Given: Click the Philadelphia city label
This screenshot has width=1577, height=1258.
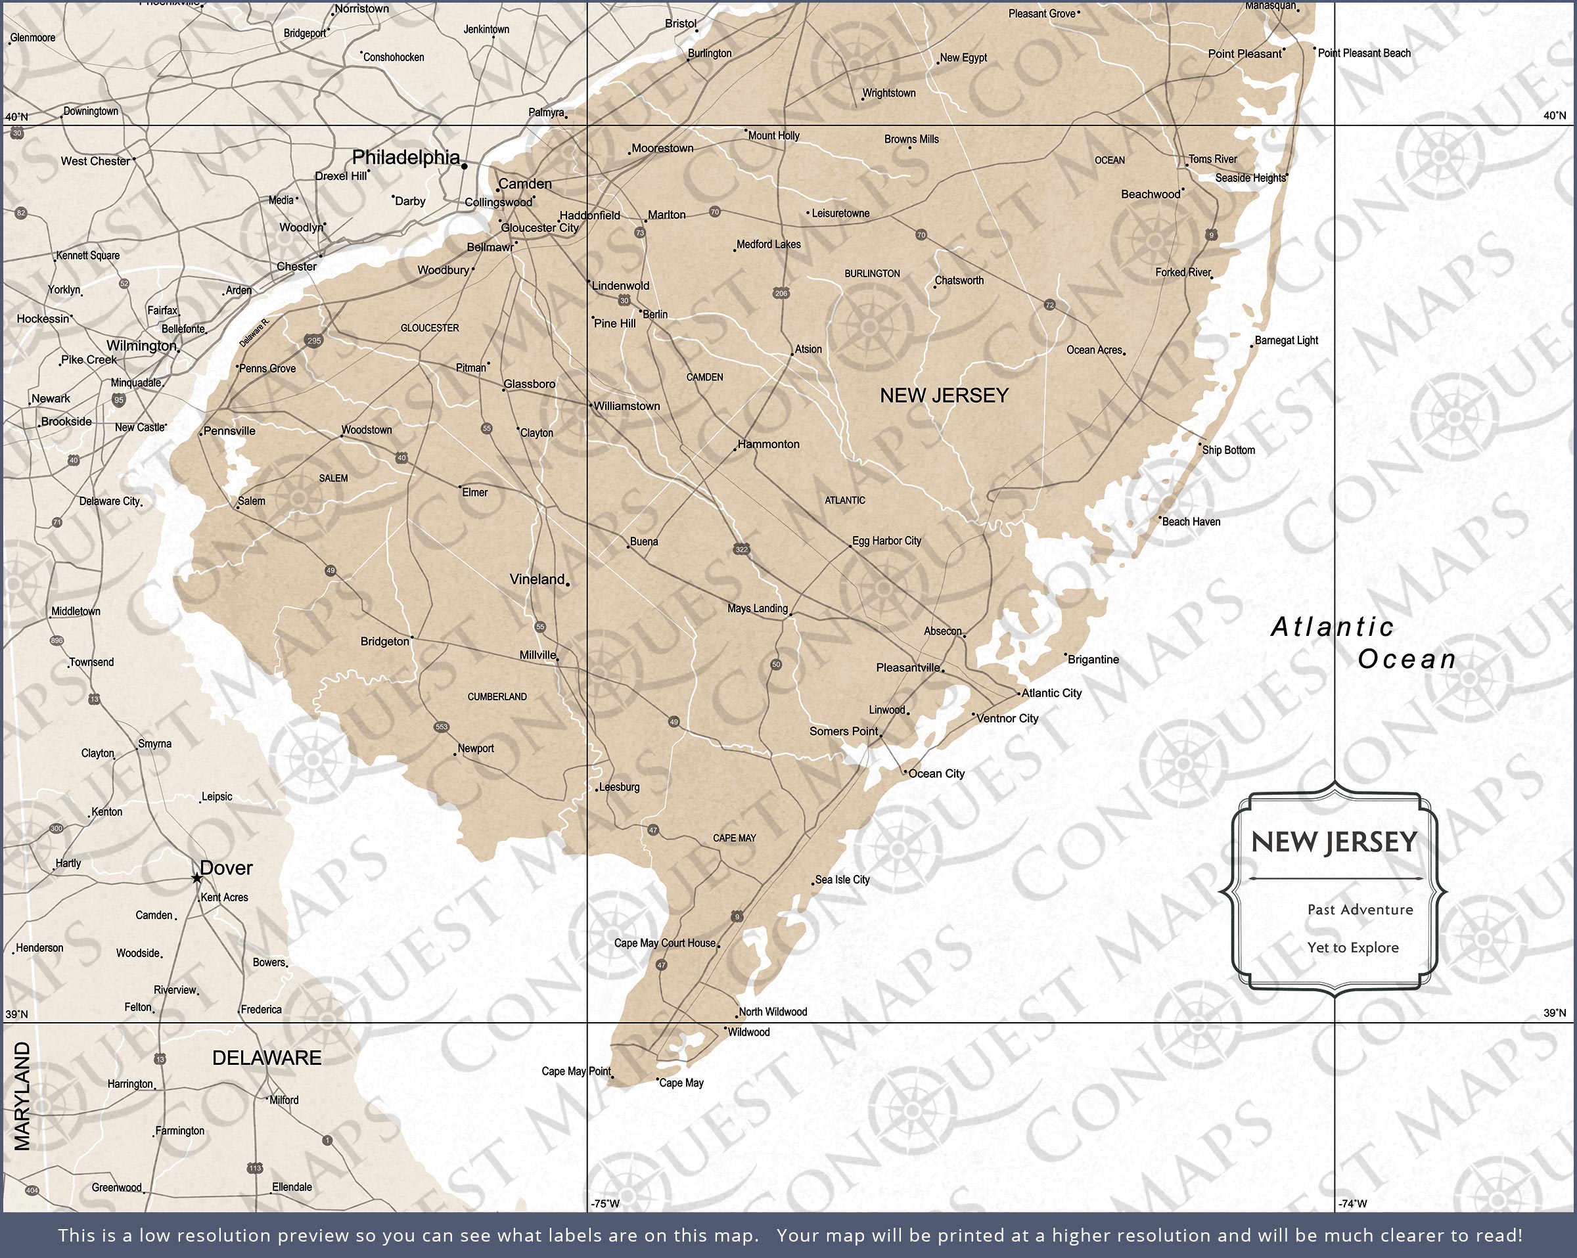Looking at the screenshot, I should [406, 157].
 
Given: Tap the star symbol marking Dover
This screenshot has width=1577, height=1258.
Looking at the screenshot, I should [196, 878].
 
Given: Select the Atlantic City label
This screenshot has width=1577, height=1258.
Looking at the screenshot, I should [1051, 692].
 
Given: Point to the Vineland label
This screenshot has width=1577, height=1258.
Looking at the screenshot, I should [537, 579].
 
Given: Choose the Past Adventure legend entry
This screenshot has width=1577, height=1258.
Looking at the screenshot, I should [1360, 909].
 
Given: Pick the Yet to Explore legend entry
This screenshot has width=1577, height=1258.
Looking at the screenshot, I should [1352, 947].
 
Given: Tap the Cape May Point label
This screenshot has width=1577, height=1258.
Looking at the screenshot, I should [576, 1071].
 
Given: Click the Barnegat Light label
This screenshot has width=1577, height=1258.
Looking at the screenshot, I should [1286, 340].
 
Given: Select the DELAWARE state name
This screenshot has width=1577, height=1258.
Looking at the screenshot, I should [267, 1058].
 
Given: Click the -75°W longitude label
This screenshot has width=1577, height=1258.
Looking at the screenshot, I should [605, 1203].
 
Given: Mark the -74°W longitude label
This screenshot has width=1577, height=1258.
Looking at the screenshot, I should [1352, 1203].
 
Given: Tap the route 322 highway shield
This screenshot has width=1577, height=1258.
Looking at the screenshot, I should [742, 549].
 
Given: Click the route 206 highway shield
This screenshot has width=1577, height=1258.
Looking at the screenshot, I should [781, 293].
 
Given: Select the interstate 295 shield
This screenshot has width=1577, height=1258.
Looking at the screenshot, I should [314, 340].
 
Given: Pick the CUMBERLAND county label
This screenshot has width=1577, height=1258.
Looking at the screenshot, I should [497, 696].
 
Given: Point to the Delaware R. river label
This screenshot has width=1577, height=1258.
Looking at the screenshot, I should [254, 332].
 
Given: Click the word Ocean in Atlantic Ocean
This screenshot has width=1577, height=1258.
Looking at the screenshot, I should [1407, 659].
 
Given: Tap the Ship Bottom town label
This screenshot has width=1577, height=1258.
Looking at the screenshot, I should [1228, 450].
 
